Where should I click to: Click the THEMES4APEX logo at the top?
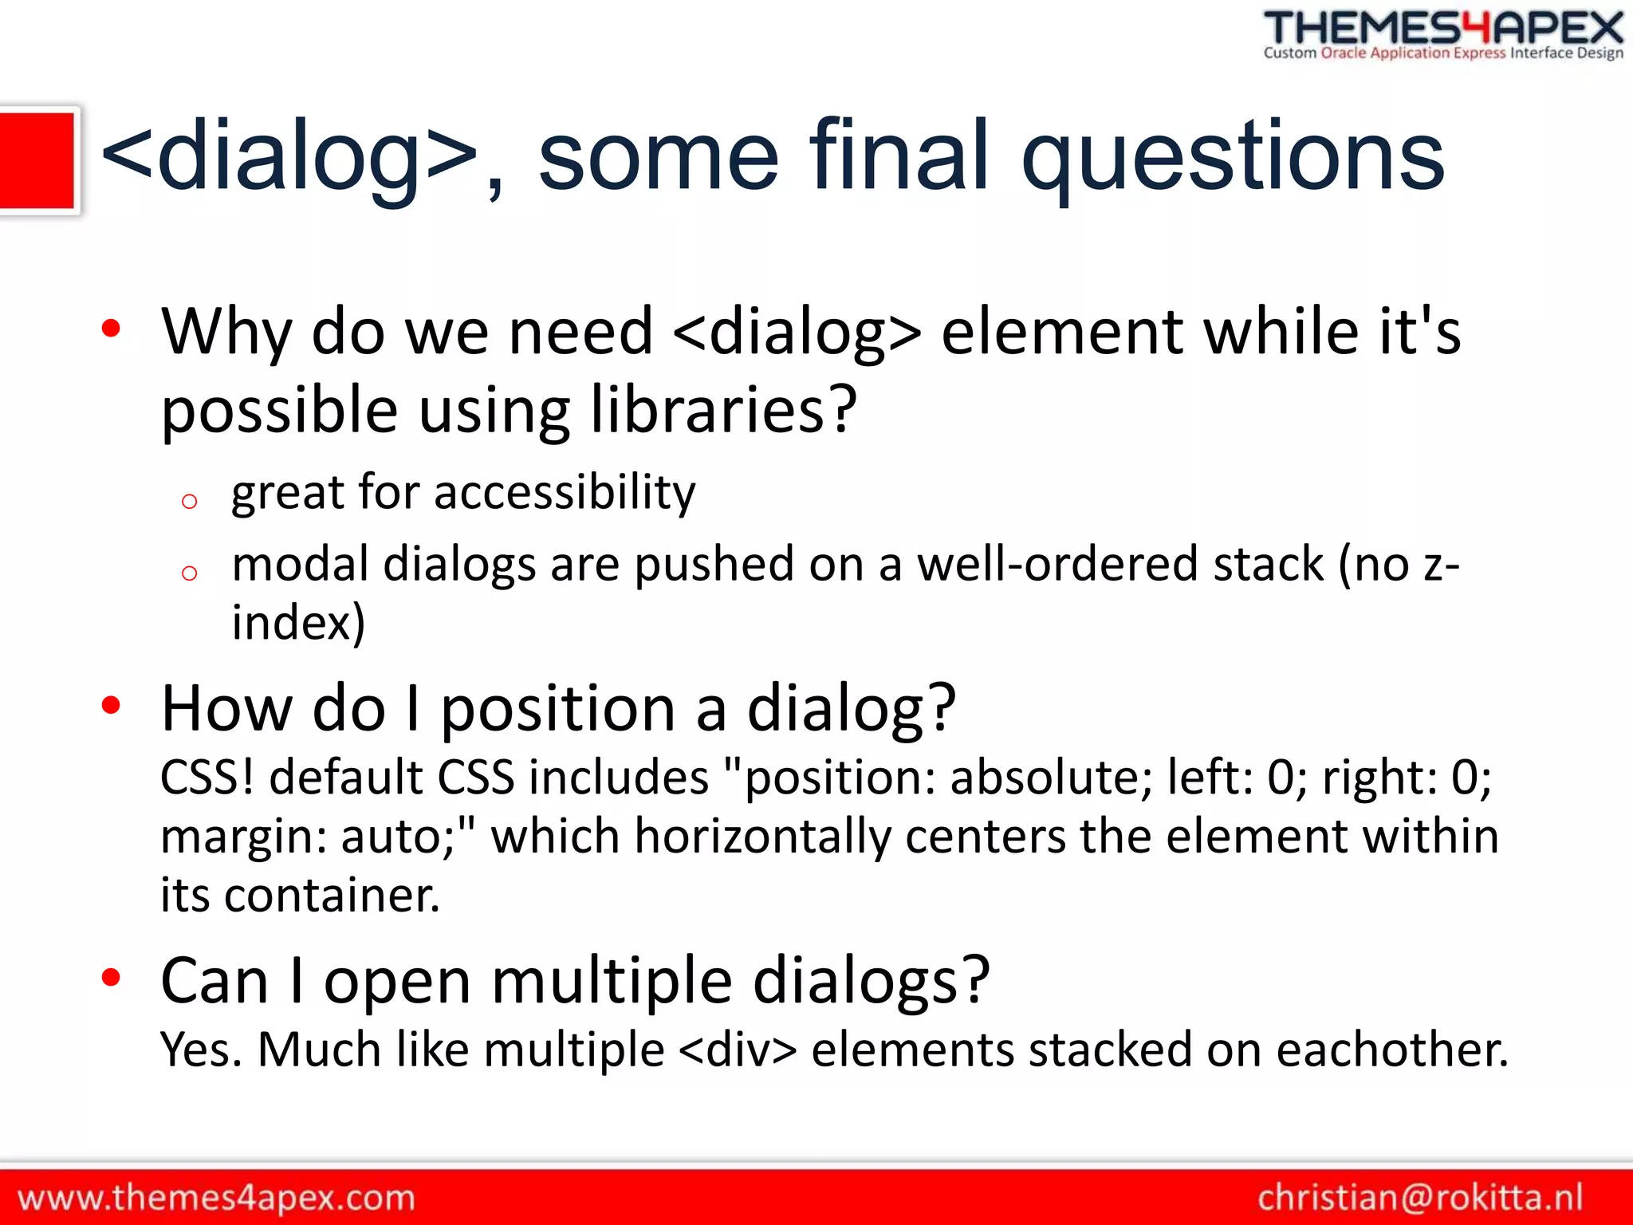[x=1443, y=33]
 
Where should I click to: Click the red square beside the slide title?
[x=37, y=160]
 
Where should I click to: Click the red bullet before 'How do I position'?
[x=111, y=705]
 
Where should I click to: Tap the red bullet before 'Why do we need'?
[x=111, y=328]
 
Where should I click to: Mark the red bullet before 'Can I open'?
[x=111, y=977]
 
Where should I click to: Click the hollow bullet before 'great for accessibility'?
[x=189, y=502]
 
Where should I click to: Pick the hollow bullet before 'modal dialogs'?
[x=189, y=573]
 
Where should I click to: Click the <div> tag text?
[x=738, y=1050]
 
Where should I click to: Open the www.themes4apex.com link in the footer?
[x=216, y=1198]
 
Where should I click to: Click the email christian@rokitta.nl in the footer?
[x=1420, y=1198]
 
